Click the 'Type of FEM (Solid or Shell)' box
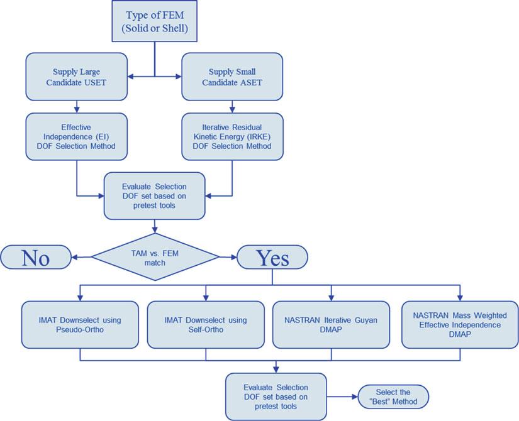[x=155, y=21]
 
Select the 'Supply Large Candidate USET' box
[x=77, y=77]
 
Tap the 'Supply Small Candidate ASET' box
[x=232, y=77]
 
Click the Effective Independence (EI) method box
[x=77, y=136]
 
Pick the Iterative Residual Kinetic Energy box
[x=232, y=136]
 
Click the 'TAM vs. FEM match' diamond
[x=155, y=257]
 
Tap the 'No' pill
[x=36, y=257]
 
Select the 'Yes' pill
[x=272, y=257]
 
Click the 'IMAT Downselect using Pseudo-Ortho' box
[x=80, y=325]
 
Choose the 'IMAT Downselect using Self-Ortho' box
[x=206, y=325]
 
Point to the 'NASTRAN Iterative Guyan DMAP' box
[x=331, y=325]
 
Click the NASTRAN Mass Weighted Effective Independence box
[x=460, y=325]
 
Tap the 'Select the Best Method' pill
[x=393, y=396]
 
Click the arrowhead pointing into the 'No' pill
[x=74, y=257]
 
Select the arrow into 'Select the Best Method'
[x=342, y=396]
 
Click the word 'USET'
[x=96, y=82]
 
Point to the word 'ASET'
[x=251, y=82]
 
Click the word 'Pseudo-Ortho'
[x=80, y=330]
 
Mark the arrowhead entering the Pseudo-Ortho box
[x=80, y=298]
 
